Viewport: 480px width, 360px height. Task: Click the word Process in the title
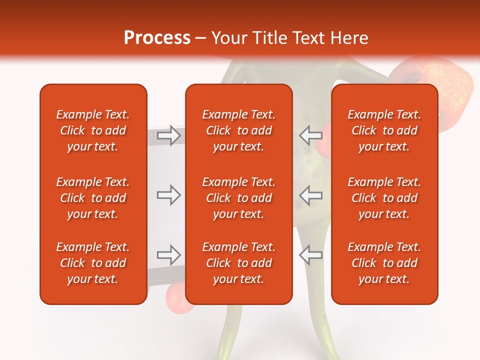pyautogui.click(x=157, y=38)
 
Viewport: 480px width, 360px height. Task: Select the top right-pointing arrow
pyautogui.click(x=168, y=135)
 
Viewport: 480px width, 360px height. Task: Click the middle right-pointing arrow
pyautogui.click(x=168, y=195)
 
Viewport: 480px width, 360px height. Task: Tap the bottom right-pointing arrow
pyautogui.click(x=168, y=255)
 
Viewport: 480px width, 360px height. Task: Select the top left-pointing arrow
pyautogui.click(x=310, y=135)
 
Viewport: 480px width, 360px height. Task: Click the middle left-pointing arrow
pyautogui.click(x=310, y=195)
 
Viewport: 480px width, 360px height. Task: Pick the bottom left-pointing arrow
pyautogui.click(x=310, y=255)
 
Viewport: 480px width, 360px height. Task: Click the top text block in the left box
pyautogui.click(x=93, y=130)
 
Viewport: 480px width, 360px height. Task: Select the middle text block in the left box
pyautogui.click(x=93, y=198)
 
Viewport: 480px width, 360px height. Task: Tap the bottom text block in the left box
pyautogui.click(x=93, y=263)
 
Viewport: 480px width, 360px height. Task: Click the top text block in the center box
pyautogui.click(x=239, y=130)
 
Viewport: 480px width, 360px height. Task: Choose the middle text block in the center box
pyautogui.click(x=239, y=198)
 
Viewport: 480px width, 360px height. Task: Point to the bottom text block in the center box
pyautogui.click(x=239, y=263)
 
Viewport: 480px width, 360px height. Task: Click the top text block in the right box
pyautogui.click(x=384, y=130)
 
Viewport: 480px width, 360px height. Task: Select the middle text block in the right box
pyautogui.click(x=384, y=198)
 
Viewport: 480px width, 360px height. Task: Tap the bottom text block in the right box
pyautogui.click(x=384, y=263)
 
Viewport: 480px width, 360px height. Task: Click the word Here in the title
pyautogui.click(x=349, y=38)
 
